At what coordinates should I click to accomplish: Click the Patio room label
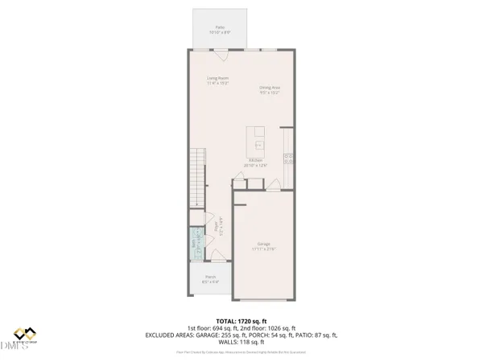coord(218,30)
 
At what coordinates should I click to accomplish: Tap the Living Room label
coord(218,80)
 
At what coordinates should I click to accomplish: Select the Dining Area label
coord(270,89)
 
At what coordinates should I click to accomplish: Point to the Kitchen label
coord(257,162)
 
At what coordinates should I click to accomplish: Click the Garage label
coord(263,245)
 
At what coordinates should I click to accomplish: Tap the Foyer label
coord(213,230)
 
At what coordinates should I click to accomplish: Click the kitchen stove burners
coord(287,156)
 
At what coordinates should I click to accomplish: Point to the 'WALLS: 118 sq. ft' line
coord(242,342)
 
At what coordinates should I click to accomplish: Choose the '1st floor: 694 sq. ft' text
coord(213,327)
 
